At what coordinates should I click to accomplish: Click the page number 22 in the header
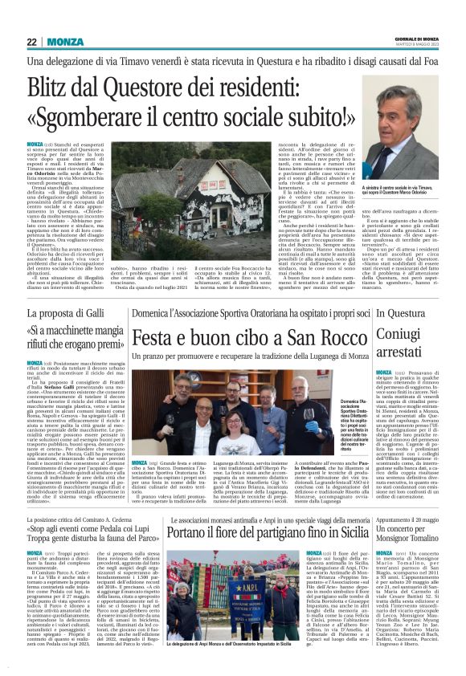pyautogui.click(x=31, y=43)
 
